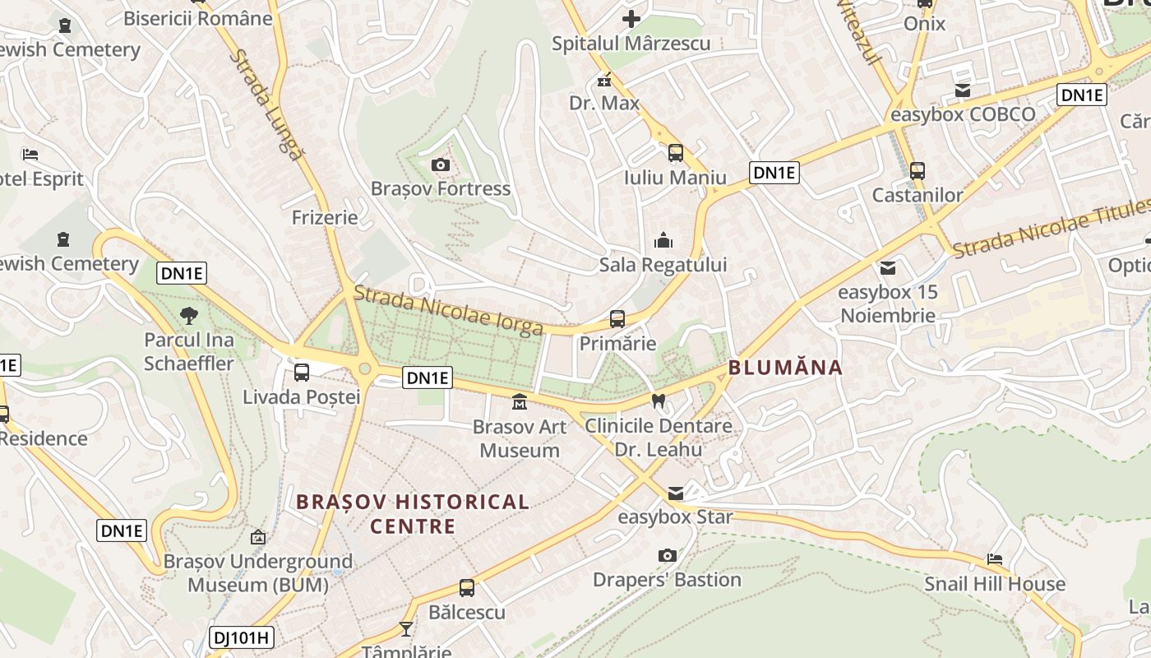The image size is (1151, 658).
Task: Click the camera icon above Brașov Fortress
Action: (440, 165)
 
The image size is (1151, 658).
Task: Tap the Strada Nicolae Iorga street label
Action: (448, 310)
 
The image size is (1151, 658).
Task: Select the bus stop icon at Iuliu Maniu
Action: (675, 153)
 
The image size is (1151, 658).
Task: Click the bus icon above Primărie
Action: (617, 319)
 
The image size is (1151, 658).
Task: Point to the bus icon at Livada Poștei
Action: (302, 373)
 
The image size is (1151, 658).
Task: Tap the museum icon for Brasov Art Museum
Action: (520, 402)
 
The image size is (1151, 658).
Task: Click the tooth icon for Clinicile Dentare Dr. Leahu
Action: (658, 401)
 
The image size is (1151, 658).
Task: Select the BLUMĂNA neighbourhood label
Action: (785, 368)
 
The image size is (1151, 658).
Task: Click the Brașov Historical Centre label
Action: (413, 513)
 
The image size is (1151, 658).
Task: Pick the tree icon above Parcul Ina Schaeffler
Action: (189, 315)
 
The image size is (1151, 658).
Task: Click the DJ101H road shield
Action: (242, 637)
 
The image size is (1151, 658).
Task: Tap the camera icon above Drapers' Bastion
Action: (668, 556)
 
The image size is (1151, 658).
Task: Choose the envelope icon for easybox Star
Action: (675, 493)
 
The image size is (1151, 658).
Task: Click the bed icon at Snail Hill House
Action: (995, 560)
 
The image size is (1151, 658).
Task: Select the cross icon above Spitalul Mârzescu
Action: (631, 19)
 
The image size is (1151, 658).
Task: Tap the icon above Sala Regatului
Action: (663, 241)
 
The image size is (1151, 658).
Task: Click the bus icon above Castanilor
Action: (918, 171)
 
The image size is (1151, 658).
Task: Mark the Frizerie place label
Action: (325, 217)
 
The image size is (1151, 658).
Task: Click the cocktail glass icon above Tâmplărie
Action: (406, 629)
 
